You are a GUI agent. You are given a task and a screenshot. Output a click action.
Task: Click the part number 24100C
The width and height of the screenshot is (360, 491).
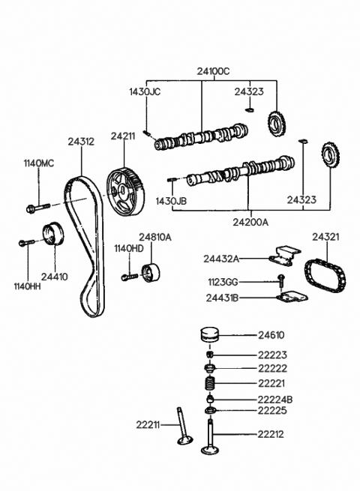click(x=213, y=71)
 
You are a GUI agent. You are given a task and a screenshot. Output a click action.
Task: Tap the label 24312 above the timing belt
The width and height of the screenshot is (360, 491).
click(x=81, y=142)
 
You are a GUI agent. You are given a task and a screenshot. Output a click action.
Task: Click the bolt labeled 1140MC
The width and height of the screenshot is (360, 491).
click(x=38, y=208)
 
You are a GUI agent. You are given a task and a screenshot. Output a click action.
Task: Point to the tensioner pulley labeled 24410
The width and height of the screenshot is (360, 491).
click(x=53, y=233)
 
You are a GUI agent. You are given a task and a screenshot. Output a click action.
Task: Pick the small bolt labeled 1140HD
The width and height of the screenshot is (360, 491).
click(x=130, y=277)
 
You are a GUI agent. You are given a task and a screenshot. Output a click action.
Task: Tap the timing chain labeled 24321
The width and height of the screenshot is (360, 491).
click(x=325, y=276)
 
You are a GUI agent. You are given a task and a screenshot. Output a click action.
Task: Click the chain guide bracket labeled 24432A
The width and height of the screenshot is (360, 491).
click(x=284, y=256)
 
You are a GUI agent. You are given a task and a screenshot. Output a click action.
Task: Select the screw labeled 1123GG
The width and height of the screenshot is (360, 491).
click(x=281, y=280)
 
